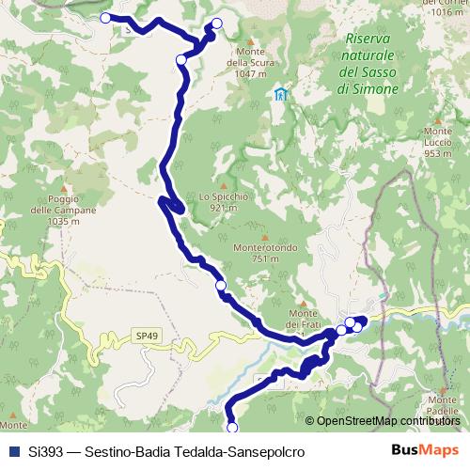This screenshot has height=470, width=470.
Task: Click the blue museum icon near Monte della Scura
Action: [x=280, y=94]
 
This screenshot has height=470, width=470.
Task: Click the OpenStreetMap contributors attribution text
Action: [x=388, y=420]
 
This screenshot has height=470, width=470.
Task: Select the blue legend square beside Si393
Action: [x=13, y=451]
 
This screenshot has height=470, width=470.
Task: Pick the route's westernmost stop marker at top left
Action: [x=105, y=17]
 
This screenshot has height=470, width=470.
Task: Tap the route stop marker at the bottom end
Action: [x=233, y=429]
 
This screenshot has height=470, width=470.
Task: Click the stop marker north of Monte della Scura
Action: [x=217, y=23]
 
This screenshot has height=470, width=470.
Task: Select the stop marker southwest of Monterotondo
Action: [x=221, y=285]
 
